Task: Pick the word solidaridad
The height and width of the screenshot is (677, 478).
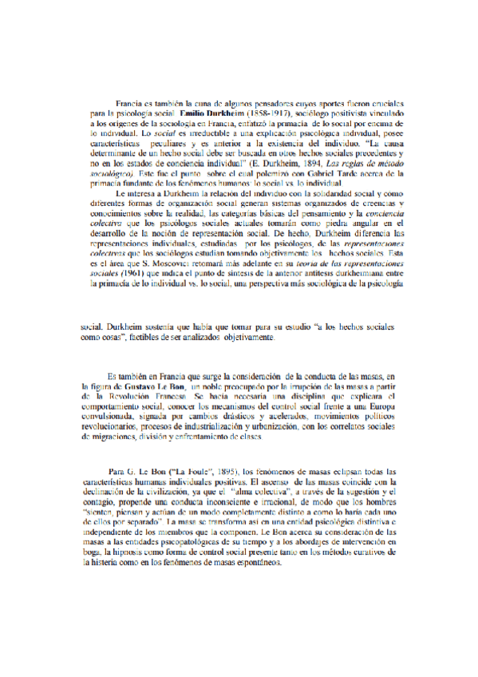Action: (312, 193)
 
